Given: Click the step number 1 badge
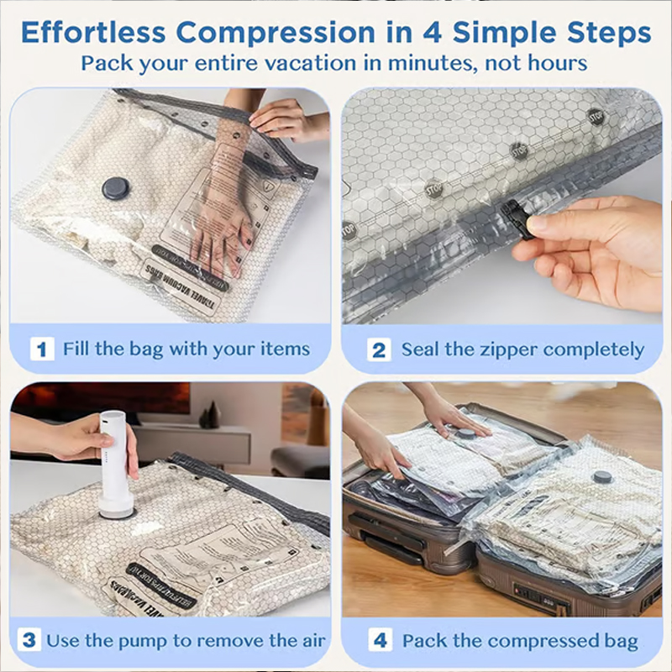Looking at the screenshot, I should click(42, 349).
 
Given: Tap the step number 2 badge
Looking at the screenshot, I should click(379, 349).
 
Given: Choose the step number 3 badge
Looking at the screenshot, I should click(29, 640).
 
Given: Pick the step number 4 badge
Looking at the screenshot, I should click(380, 641).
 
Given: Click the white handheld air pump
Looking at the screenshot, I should click(115, 462).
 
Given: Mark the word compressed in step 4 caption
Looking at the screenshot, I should click(543, 641).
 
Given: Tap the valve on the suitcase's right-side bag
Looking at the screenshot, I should click(601, 477).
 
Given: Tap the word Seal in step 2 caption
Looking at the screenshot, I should click(420, 349).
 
